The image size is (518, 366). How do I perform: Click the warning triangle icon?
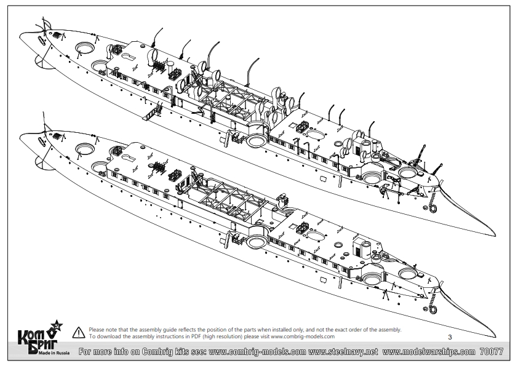pos(79,332)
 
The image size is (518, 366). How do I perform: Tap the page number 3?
pos(450,337)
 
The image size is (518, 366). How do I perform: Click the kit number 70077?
pos(492,351)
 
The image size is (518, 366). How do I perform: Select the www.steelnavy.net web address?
pos(343,352)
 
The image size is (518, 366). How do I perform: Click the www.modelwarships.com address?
pos(429,352)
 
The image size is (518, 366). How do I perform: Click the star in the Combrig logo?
pos(57,326)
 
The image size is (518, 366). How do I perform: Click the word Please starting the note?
pos(97,330)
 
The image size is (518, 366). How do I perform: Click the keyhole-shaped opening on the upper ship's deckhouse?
pos(128,57)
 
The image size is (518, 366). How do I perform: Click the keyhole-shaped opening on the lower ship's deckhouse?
pos(128,157)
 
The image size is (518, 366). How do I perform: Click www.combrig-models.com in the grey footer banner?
pos(257,352)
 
